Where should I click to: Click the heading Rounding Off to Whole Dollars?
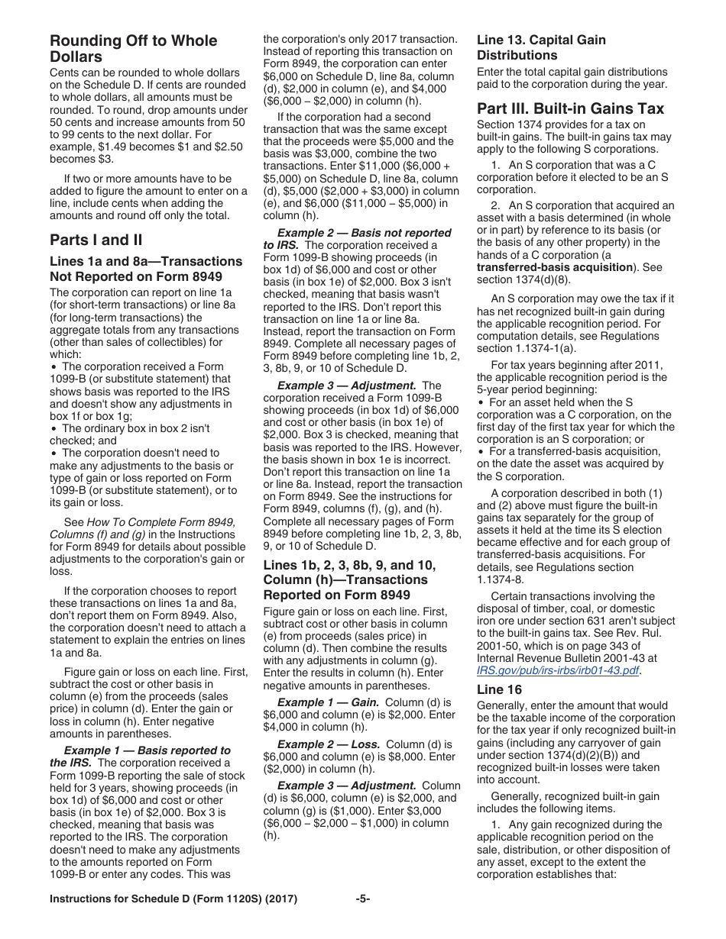click(133, 49)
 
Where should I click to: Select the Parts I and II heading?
click(96, 240)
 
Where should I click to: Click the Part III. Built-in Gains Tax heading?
click(570, 108)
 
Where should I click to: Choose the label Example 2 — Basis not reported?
click(364, 233)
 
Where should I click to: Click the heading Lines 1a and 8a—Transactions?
click(145, 262)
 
